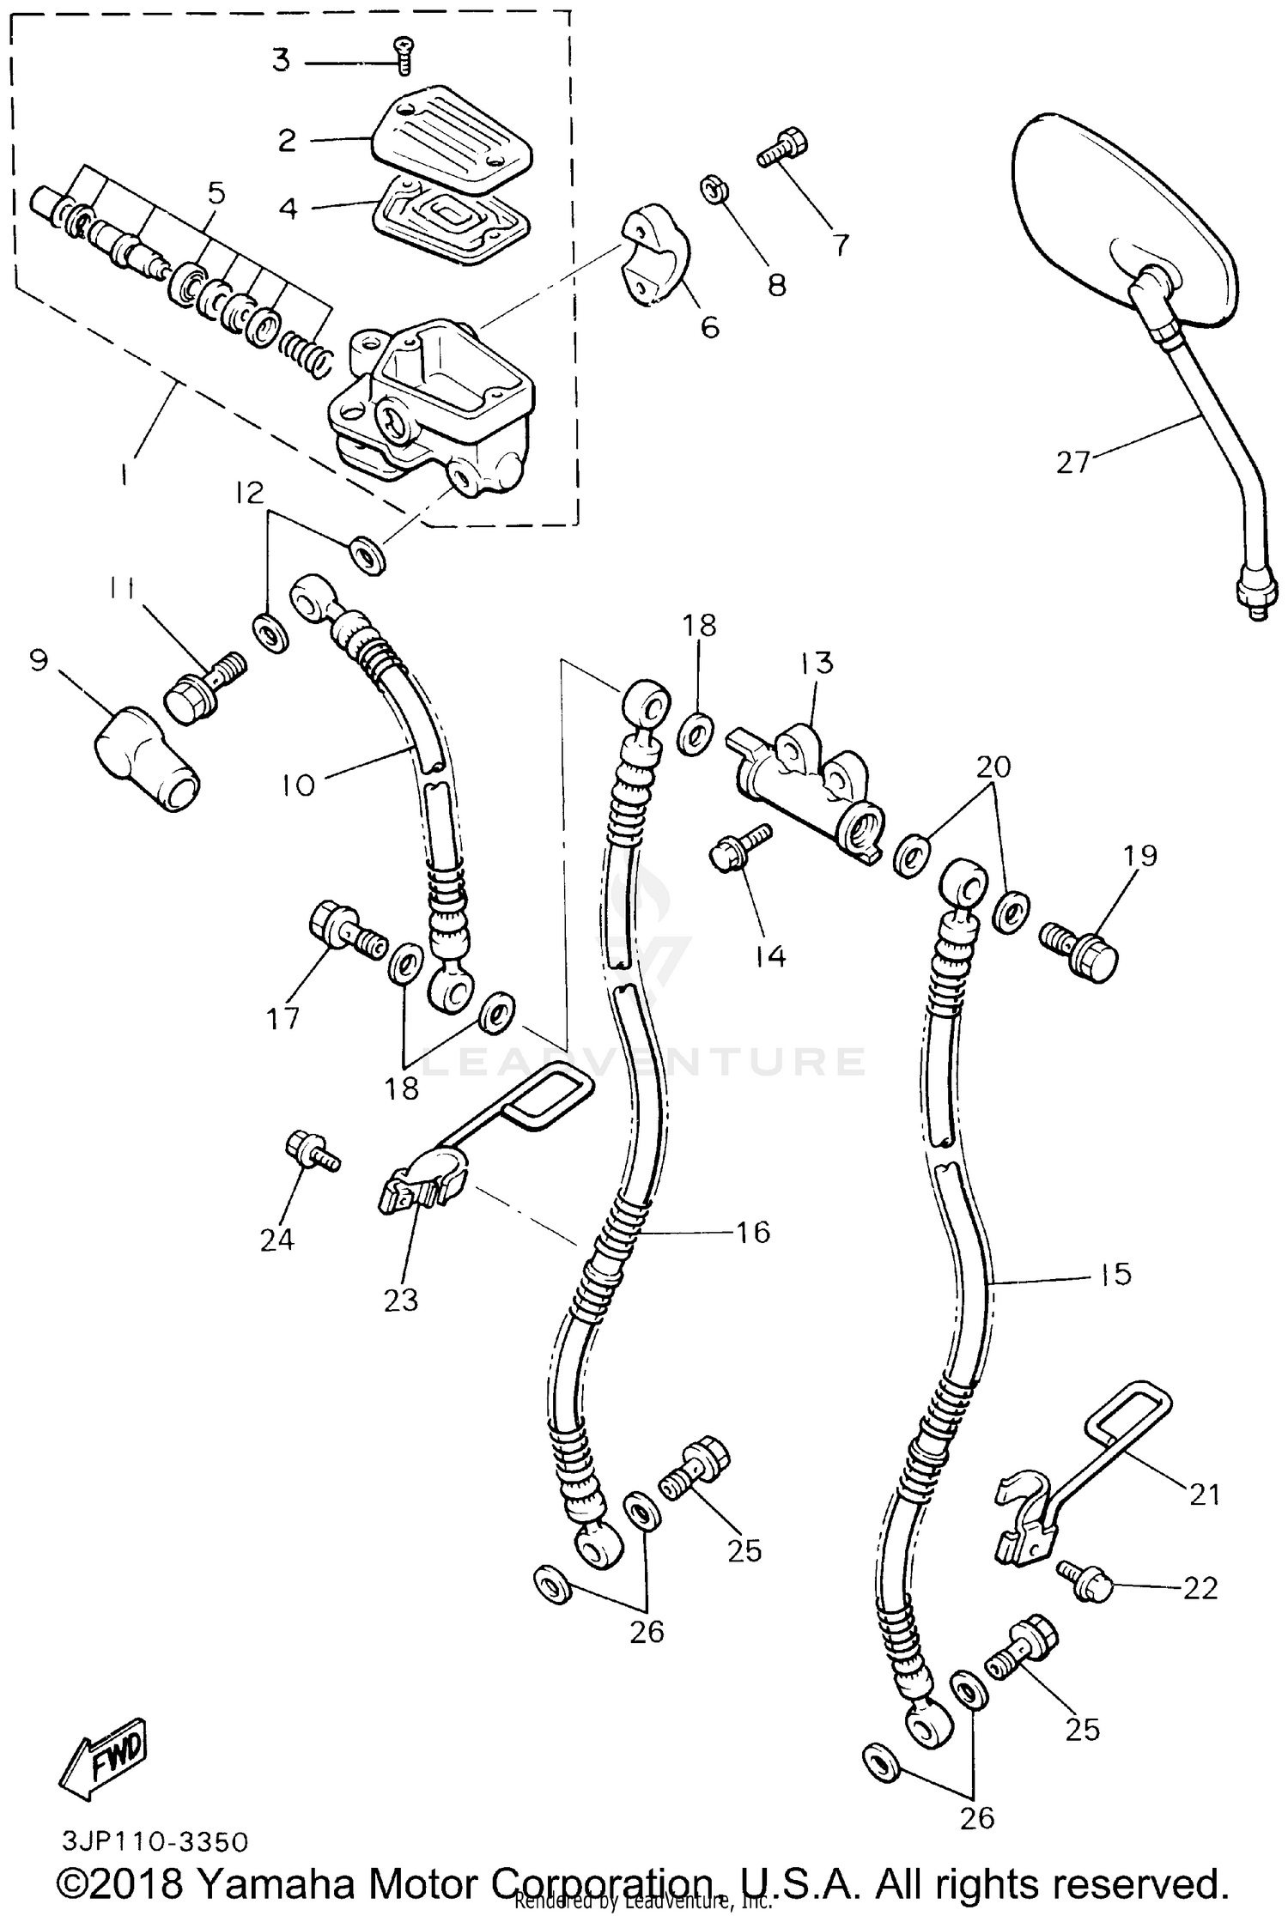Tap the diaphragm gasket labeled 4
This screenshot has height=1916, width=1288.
449,216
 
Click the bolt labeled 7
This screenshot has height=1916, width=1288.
783,148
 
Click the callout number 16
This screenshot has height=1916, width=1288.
752,1233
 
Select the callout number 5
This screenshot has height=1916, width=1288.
216,194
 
